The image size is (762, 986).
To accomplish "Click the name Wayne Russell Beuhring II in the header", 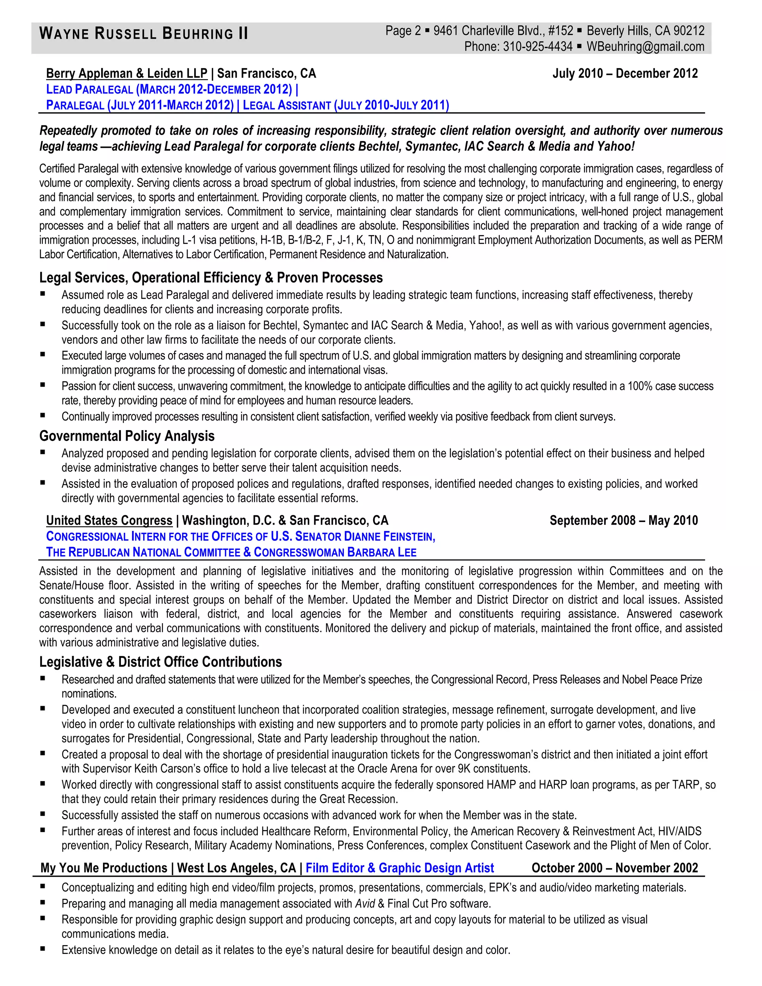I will pos(144,33).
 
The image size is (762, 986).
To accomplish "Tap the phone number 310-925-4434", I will pos(538,47).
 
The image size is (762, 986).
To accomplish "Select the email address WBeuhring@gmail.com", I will pos(645,47).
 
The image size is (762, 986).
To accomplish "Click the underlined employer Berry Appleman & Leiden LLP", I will pos(127,73).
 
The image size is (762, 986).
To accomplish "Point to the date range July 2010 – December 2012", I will pos(625,73).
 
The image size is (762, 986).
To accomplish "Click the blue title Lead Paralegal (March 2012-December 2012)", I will pos(169,89).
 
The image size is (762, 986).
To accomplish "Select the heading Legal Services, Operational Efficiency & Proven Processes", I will pos(211,277).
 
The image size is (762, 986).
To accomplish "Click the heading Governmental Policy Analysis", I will pos(127,436).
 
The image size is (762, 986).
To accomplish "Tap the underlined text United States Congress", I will pos(109,520).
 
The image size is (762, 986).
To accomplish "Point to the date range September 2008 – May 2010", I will pos(624,520).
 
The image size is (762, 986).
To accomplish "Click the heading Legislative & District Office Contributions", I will pos(160,662).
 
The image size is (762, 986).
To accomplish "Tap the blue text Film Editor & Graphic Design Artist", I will pos(400,868).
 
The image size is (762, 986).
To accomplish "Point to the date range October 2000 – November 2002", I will pos(614,868).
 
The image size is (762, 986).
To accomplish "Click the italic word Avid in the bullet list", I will pos(365,903).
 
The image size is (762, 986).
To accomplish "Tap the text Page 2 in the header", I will pos(403,31).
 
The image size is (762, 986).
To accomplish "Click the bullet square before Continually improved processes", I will pos(43,415).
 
